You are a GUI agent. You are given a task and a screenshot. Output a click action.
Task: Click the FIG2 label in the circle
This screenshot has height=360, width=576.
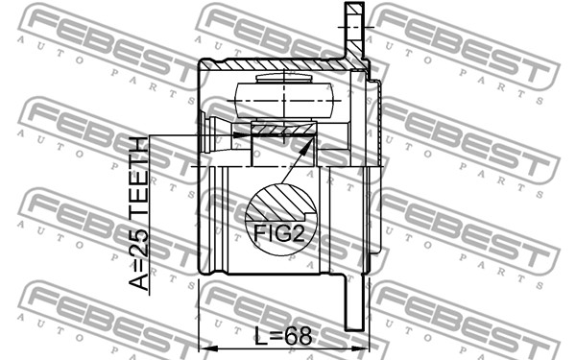pyautogui.click(x=279, y=232)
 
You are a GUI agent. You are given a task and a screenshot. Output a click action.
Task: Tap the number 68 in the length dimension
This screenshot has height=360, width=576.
pyautogui.click(x=298, y=336)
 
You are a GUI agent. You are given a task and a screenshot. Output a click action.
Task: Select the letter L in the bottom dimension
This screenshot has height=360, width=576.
pyautogui.click(x=260, y=336)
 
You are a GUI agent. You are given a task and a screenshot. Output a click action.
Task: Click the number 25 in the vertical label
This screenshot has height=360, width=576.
pyautogui.click(x=138, y=243)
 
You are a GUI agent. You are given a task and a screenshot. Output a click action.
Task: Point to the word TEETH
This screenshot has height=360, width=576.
pyautogui.click(x=138, y=181)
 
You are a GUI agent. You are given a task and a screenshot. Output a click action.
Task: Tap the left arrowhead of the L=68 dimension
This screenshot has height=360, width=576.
pyautogui.click(x=205, y=348)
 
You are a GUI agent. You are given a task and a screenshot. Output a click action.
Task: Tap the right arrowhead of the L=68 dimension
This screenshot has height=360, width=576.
pyautogui.click(x=361, y=348)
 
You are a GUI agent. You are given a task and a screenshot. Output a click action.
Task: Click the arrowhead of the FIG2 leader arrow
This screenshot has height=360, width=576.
pyautogui.click(x=309, y=144)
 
